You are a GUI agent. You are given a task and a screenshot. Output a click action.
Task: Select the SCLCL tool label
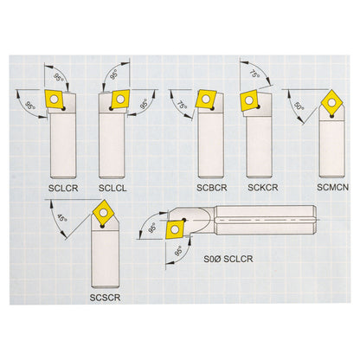coord(116,186)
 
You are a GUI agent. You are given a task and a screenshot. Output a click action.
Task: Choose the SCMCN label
coord(329,186)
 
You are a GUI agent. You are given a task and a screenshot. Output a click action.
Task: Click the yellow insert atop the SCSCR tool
coord(105,210)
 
